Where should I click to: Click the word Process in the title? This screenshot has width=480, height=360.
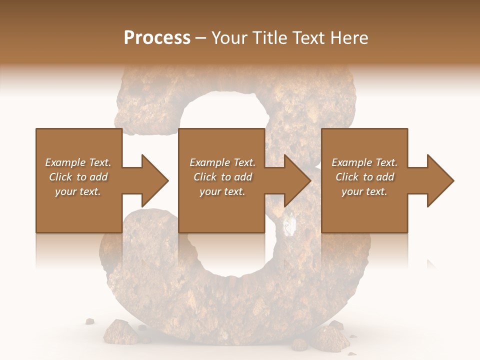point(157,37)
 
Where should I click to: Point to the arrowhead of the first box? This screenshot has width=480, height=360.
point(155,180)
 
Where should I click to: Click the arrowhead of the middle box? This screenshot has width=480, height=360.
point(297,180)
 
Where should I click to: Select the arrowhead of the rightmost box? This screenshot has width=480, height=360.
point(440,180)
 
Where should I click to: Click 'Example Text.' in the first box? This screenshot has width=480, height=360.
point(78,162)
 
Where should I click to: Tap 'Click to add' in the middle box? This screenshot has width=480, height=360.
point(222,177)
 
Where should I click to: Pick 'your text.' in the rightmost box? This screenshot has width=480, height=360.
point(364,191)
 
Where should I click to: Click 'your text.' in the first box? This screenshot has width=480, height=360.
point(78,191)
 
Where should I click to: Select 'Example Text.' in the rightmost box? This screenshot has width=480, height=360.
point(364,162)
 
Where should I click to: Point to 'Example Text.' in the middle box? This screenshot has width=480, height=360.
point(222,162)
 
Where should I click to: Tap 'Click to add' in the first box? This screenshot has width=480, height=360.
point(78,177)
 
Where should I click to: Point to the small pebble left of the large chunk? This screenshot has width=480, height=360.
point(90,321)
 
